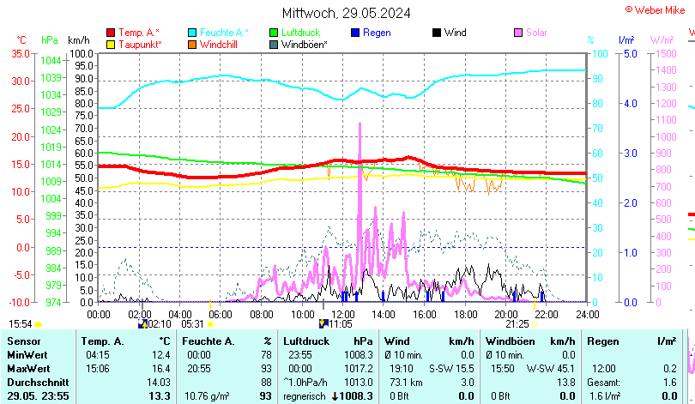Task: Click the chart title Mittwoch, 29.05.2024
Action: [346, 13]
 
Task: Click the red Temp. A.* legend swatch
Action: [110, 33]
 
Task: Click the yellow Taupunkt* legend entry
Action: [134, 44]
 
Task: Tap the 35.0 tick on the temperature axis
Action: [19, 53]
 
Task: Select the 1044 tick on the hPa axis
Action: [51, 60]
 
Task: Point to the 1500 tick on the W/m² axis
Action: [664, 53]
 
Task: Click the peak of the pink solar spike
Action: [360, 124]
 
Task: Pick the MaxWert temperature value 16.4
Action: [160, 368]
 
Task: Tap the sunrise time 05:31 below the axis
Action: [193, 324]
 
